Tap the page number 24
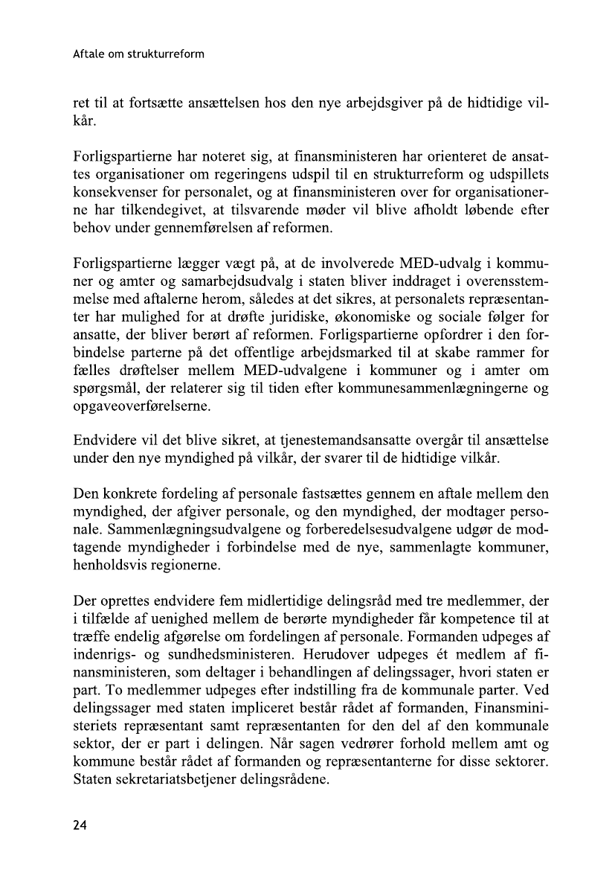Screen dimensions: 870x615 point(80,824)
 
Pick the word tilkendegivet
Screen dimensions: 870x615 point(177,212)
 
